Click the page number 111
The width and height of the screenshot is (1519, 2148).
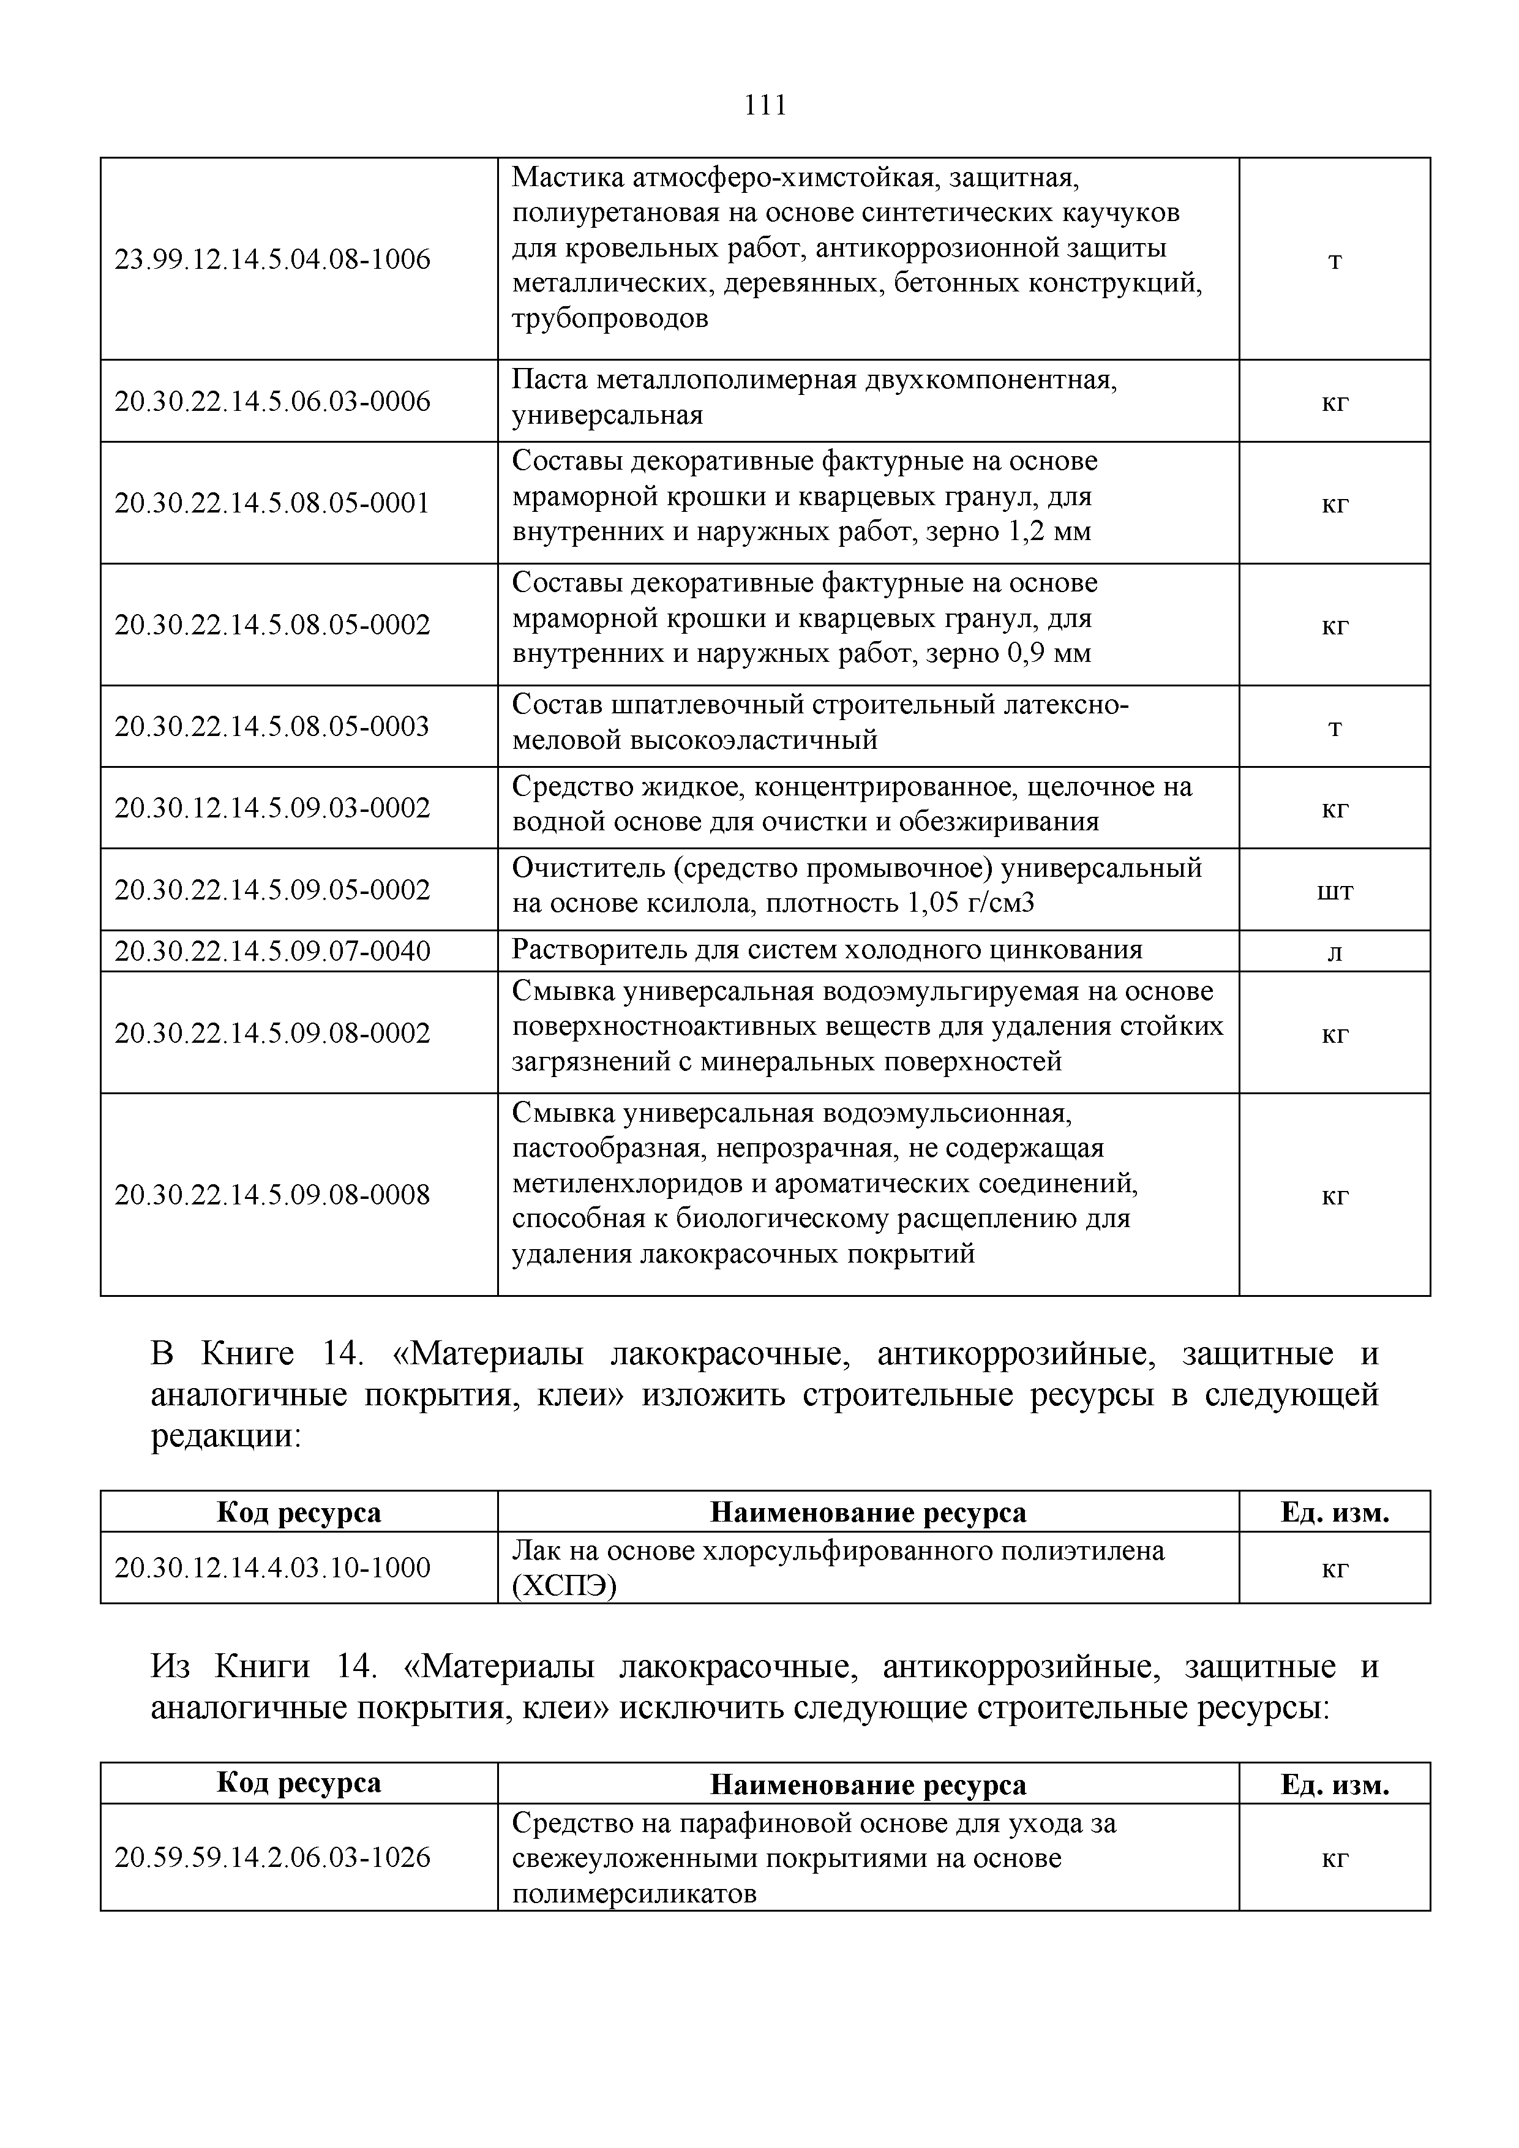tap(765, 105)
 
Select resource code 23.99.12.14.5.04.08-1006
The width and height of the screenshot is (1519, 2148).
tap(272, 259)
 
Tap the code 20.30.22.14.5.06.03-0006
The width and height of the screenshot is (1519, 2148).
tap(272, 401)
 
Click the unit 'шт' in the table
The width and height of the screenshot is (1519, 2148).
tap(1334, 891)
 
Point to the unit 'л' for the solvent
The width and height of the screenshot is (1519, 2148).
tap(1335, 952)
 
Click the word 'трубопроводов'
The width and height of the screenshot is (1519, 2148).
tap(610, 318)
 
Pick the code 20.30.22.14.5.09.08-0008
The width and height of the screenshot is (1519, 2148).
tap(272, 1195)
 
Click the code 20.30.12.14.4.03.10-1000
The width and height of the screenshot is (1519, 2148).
tap(272, 1567)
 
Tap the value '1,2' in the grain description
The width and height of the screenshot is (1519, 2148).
tap(1025, 532)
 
